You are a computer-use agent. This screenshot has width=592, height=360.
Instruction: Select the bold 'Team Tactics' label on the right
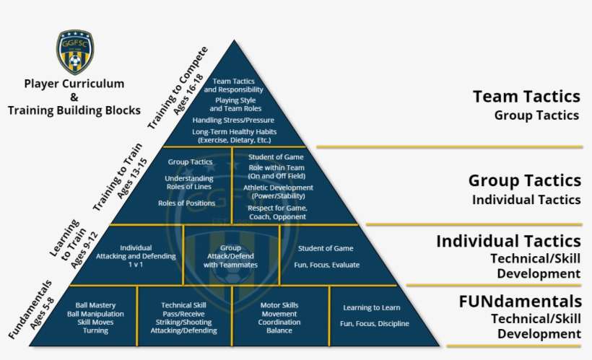click(526, 97)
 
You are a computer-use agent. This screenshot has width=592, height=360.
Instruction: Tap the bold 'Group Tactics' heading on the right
click(524, 180)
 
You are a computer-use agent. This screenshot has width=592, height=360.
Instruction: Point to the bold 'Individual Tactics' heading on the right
click(508, 241)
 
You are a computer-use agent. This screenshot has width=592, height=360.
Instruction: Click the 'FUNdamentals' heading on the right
click(520, 300)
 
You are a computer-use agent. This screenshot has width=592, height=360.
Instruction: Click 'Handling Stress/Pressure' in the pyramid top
click(234, 120)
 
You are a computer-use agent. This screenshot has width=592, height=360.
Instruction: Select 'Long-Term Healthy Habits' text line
click(234, 132)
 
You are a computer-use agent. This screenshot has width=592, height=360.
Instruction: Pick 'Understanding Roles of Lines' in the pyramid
click(189, 182)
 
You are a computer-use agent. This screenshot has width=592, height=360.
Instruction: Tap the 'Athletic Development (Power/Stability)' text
click(278, 191)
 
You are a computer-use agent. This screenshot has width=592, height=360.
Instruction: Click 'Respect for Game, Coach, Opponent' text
click(277, 212)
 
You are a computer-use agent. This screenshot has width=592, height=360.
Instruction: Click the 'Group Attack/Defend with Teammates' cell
click(230, 256)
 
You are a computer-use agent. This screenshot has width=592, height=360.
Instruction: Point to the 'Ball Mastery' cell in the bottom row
click(95, 317)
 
